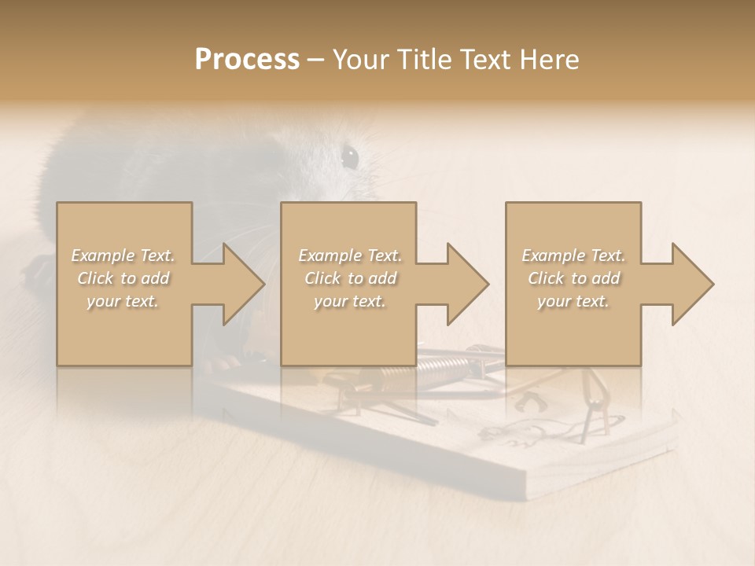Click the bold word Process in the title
click(x=247, y=60)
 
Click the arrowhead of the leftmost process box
click(x=239, y=284)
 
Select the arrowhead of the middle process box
click(x=464, y=284)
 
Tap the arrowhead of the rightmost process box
click(x=689, y=284)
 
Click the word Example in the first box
click(x=102, y=255)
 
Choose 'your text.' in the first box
click(x=123, y=301)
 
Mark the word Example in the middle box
click(x=330, y=255)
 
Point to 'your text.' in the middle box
click(x=350, y=301)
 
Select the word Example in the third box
click(x=553, y=255)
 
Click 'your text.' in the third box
click(x=573, y=301)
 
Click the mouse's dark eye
click(x=349, y=156)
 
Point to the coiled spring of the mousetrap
click(x=444, y=365)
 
